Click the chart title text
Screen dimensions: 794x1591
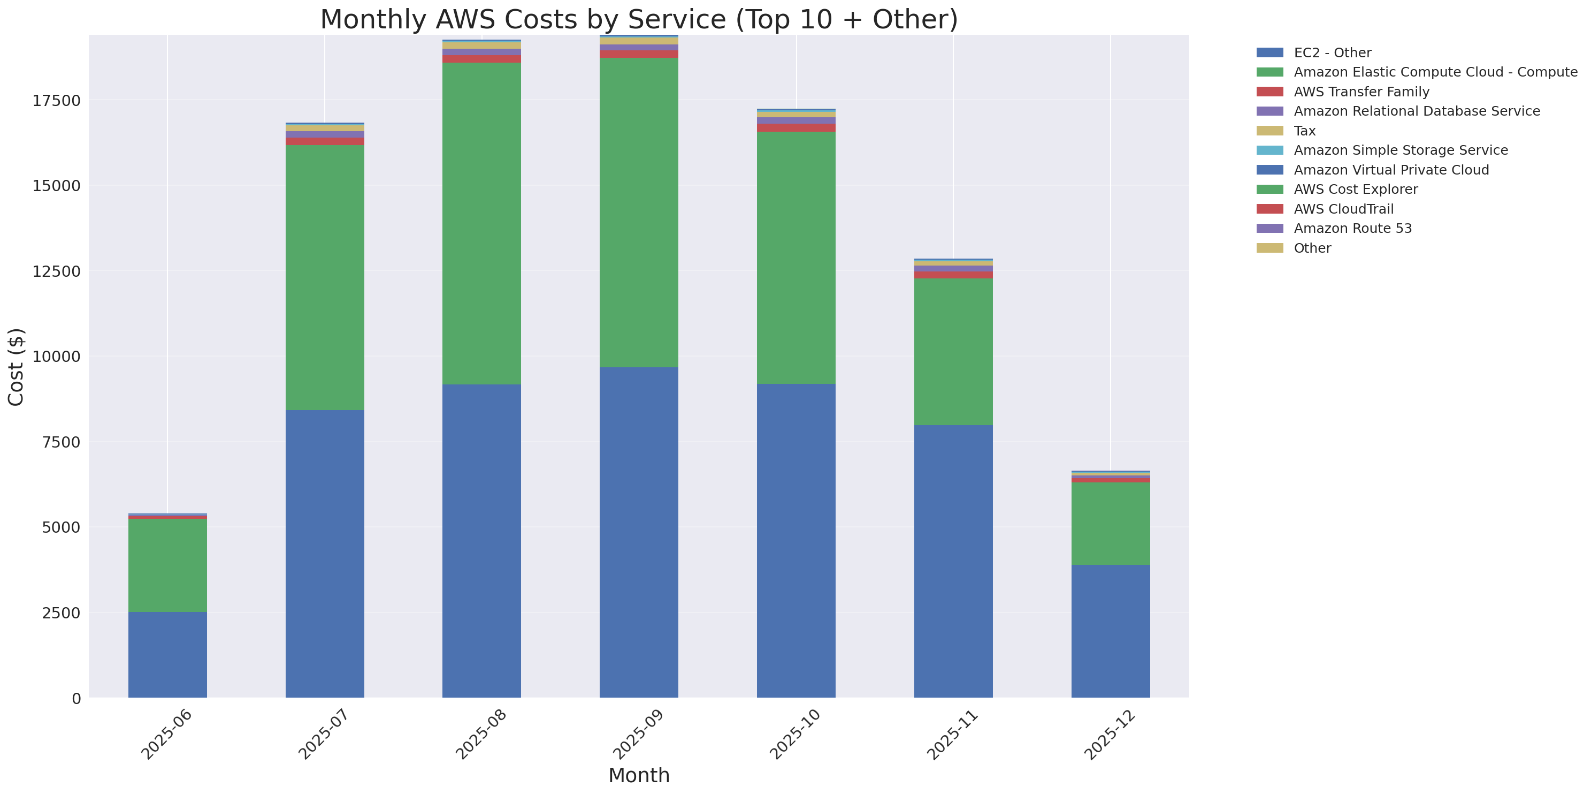click(x=639, y=19)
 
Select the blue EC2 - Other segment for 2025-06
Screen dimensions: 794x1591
click(x=167, y=654)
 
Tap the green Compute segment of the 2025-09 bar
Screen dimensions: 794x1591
click(x=639, y=213)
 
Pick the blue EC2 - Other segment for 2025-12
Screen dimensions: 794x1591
click(x=1110, y=631)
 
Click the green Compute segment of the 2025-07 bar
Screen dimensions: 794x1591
click(x=324, y=277)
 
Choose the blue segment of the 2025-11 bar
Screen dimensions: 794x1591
click(x=953, y=561)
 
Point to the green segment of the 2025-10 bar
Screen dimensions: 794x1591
click(x=796, y=258)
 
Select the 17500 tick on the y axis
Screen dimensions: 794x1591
click(x=56, y=101)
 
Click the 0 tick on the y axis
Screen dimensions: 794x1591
click(x=76, y=698)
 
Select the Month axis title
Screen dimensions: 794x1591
click(x=639, y=775)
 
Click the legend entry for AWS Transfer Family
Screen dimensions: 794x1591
click(x=1361, y=92)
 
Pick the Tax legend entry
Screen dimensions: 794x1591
click(x=1304, y=131)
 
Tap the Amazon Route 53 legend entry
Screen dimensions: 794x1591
click(x=1352, y=229)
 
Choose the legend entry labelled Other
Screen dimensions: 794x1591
click(x=1312, y=248)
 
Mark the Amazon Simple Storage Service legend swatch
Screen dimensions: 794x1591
click(x=1269, y=150)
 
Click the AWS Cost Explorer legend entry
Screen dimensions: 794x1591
click(x=1355, y=190)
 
